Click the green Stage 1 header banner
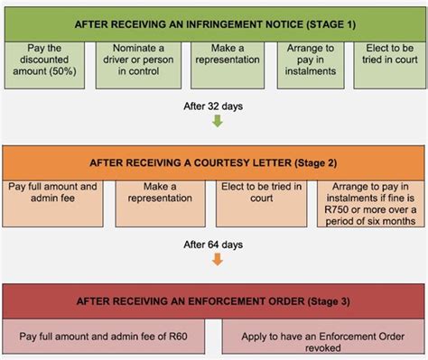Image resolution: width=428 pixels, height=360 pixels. (213, 21)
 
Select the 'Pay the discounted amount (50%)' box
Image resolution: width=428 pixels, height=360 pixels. (45, 64)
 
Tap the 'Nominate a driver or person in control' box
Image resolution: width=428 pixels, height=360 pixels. (128, 64)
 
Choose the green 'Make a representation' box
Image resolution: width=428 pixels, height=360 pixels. (213, 64)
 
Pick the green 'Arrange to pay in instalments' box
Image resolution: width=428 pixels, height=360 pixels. (298, 64)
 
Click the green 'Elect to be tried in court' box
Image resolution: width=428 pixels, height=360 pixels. (383, 64)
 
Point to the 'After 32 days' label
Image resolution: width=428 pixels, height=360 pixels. (213, 106)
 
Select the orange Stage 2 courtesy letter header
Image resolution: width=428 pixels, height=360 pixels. (213, 162)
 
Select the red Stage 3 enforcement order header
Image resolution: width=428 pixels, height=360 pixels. (213, 300)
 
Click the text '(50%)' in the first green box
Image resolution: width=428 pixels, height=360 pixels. (45, 79)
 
